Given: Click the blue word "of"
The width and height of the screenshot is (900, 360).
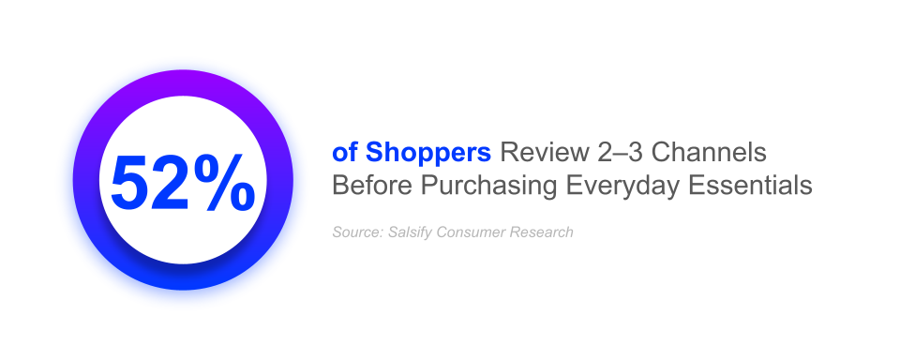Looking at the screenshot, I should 344,153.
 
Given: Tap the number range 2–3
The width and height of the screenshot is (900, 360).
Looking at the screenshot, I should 615,153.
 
